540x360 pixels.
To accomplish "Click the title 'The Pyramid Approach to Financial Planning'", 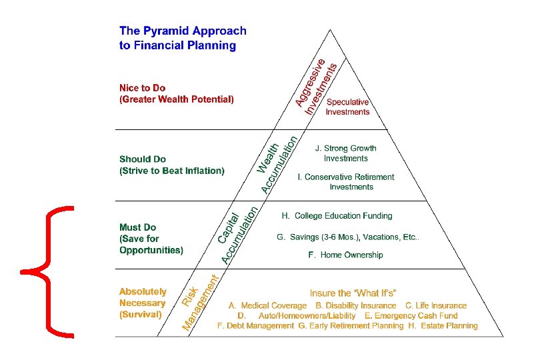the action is [x=183, y=38].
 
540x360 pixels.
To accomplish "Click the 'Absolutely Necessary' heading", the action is [x=143, y=303].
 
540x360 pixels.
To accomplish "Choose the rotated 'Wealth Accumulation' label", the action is [x=277, y=164].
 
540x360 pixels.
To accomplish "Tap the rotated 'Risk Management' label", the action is [x=200, y=302].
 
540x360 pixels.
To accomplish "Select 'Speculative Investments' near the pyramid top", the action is [x=347, y=107].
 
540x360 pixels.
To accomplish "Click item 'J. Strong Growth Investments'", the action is [x=345, y=153].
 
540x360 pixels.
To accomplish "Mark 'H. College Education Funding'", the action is [x=337, y=215].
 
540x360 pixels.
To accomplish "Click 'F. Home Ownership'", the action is [x=345, y=255].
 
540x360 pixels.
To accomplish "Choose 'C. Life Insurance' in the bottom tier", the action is [x=436, y=305].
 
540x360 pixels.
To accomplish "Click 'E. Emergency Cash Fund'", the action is [x=411, y=315].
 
